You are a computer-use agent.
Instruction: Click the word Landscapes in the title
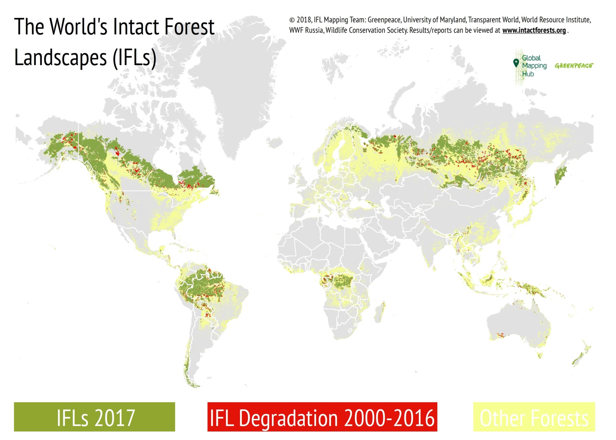pyautogui.click(x=60, y=58)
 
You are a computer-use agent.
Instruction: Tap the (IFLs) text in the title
pyautogui.click(x=134, y=58)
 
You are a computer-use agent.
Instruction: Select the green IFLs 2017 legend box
pyautogui.click(x=94, y=417)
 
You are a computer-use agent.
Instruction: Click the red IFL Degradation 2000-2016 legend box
pyautogui.click(x=322, y=417)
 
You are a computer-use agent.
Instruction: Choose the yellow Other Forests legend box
pyautogui.click(x=534, y=417)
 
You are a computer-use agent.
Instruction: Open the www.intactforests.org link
pyautogui.click(x=534, y=30)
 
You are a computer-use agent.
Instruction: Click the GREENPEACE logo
pyautogui.click(x=574, y=66)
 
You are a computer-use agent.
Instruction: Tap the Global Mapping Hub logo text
pyautogui.click(x=534, y=66)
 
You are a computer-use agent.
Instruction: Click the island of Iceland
pyautogui.click(x=274, y=142)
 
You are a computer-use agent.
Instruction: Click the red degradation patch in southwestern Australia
pyautogui.click(x=500, y=335)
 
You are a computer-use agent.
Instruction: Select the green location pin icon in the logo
pyautogui.click(x=516, y=63)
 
